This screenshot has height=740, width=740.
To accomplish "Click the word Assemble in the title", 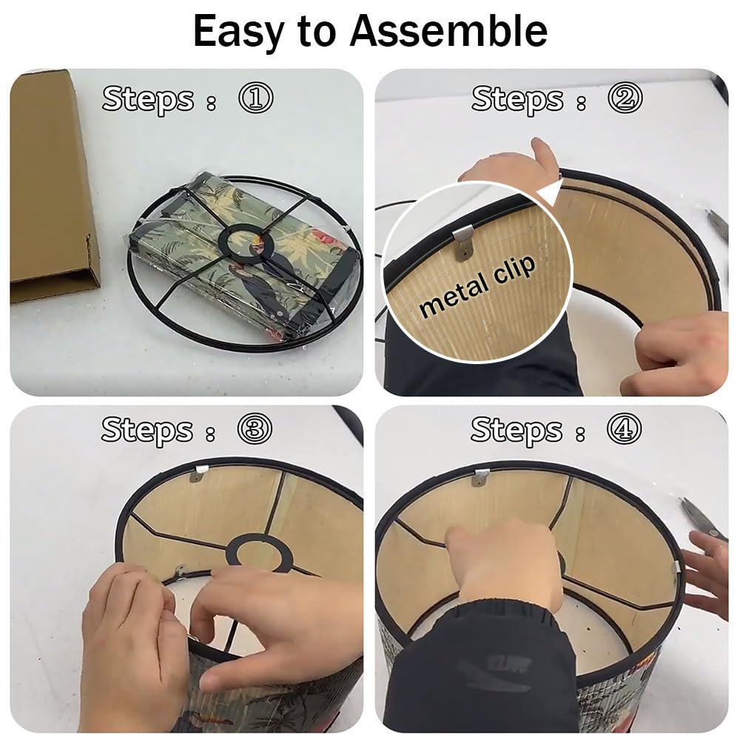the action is point(448,30).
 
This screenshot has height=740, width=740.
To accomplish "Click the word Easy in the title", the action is point(239,32).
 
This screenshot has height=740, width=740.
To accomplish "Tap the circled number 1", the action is point(255,98).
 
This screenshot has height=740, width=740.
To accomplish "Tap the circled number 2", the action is point(625,98).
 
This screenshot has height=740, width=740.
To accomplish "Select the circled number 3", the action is point(255,428).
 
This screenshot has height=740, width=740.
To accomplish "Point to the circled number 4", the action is point(625,428).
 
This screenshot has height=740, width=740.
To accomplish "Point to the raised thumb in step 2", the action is point(542,153).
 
